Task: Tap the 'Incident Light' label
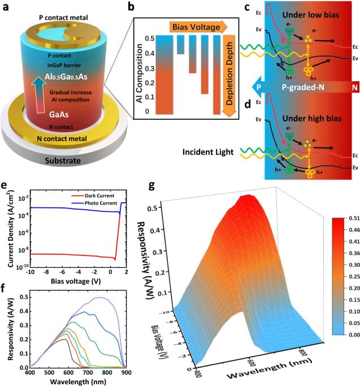pyautogui.click(x=208, y=152)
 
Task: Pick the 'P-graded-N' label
pyautogui.click(x=305, y=89)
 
